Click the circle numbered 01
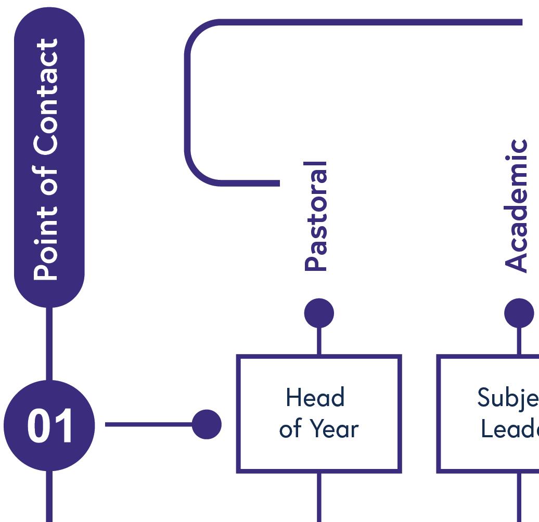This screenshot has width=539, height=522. click(49, 425)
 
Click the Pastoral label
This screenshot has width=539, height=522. click(316, 216)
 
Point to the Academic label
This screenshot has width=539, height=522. click(517, 205)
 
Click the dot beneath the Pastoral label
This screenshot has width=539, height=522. click(319, 313)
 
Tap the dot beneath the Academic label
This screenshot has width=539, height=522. click(519, 313)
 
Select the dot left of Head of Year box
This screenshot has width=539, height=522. click(207, 424)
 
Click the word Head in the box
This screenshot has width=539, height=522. click(315, 398)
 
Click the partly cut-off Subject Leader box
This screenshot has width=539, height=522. click(489, 413)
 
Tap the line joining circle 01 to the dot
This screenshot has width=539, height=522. click(148, 424)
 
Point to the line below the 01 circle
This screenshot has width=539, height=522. click(49, 497)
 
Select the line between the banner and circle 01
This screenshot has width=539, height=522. click(49, 343)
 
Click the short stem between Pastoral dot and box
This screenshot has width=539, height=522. click(319, 341)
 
